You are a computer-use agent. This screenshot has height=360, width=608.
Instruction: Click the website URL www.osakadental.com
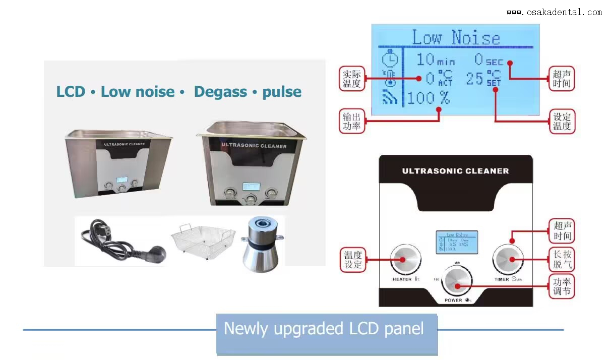tap(554, 12)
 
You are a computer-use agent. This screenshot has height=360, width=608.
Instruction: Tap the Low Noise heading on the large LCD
tap(456, 38)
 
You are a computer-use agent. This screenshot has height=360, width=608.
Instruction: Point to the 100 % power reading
tap(428, 98)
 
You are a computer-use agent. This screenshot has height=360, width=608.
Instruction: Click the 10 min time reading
tap(435, 60)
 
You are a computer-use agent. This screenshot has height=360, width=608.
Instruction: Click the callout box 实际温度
tap(351, 78)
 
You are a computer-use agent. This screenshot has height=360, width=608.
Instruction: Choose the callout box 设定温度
tap(562, 122)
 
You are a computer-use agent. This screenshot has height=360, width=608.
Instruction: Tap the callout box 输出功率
tap(351, 122)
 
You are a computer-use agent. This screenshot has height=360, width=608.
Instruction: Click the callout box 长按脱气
tap(562, 259)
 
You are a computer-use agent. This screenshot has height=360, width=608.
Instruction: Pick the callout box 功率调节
tap(562, 286)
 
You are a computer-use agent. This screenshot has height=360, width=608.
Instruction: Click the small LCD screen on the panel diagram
tap(457, 243)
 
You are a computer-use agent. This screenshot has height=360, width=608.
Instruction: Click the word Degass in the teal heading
tap(220, 92)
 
